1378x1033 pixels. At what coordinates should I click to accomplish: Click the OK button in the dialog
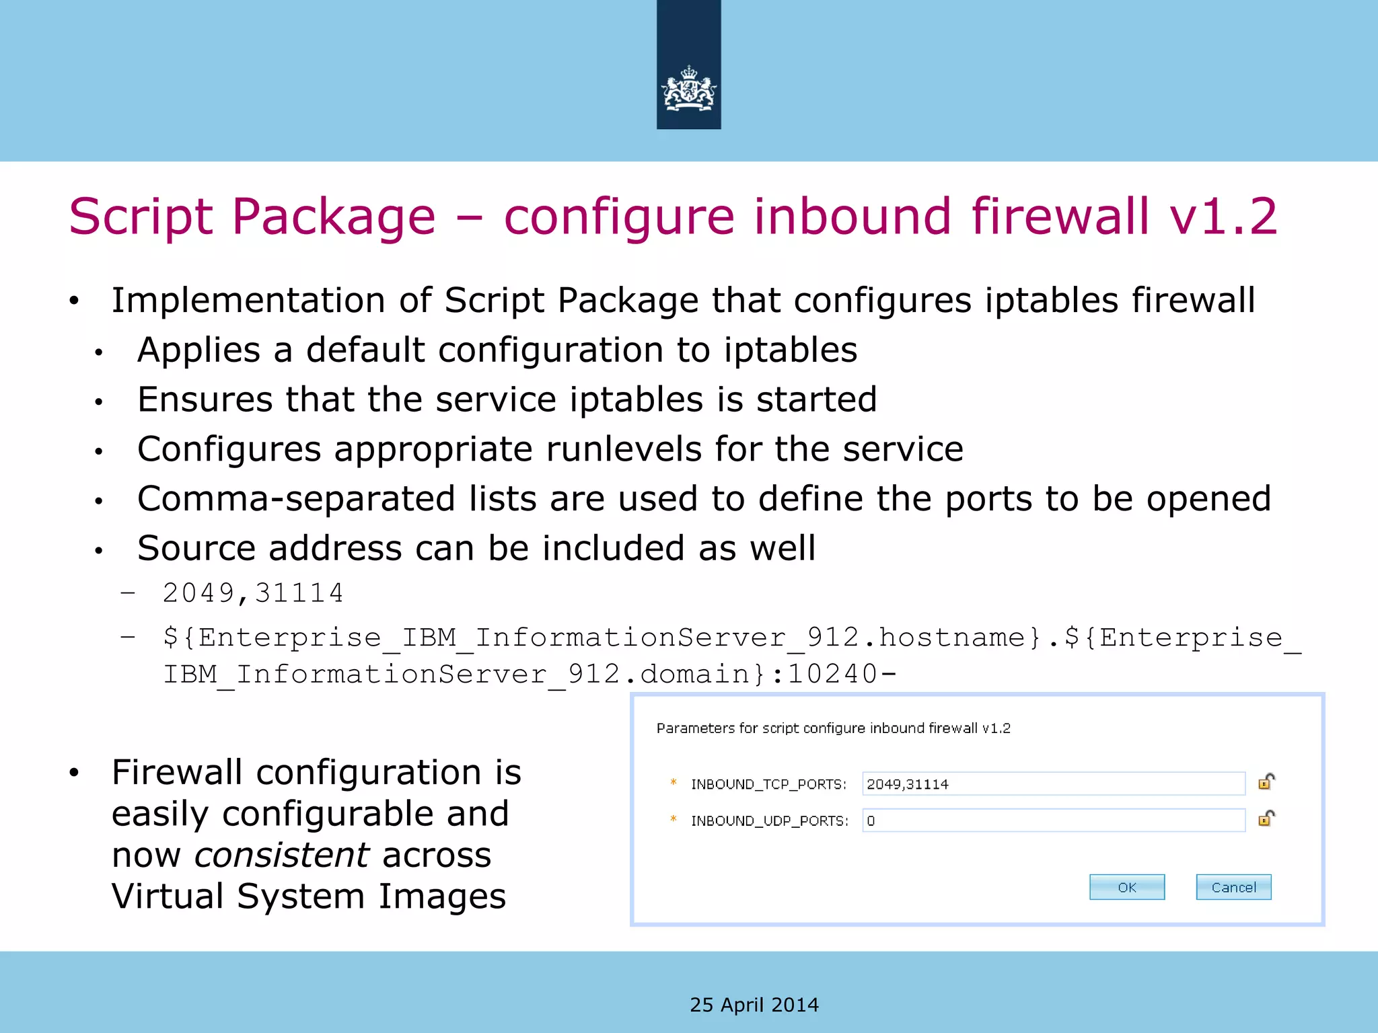click(x=1126, y=887)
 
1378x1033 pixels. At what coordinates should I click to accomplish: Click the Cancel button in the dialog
click(x=1233, y=887)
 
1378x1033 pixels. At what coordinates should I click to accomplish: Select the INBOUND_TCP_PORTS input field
click(x=1053, y=783)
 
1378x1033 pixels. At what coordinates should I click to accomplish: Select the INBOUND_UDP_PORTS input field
click(x=1053, y=820)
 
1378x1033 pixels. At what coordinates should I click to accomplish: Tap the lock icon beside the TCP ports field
click(x=1266, y=781)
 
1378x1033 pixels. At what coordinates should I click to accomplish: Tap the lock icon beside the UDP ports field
click(x=1266, y=818)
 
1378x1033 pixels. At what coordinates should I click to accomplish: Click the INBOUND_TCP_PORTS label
click(x=768, y=784)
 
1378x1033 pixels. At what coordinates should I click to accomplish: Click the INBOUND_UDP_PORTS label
click(x=770, y=821)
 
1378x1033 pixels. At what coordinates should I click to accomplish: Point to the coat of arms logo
click(x=688, y=89)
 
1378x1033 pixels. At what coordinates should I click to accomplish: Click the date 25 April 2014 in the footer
click(x=754, y=1005)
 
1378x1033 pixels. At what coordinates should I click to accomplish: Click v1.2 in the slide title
click(x=1223, y=217)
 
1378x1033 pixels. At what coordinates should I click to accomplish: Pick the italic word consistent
click(x=281, y=855)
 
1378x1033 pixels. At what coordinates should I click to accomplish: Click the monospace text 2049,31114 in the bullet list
click(x=253, y=593)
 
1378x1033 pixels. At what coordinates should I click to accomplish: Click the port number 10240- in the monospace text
click(x=842, y=674)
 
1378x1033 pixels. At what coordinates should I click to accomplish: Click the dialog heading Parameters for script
click(x=833, y=728)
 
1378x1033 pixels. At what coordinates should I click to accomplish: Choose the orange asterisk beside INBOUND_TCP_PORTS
click(x=673, y=781)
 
